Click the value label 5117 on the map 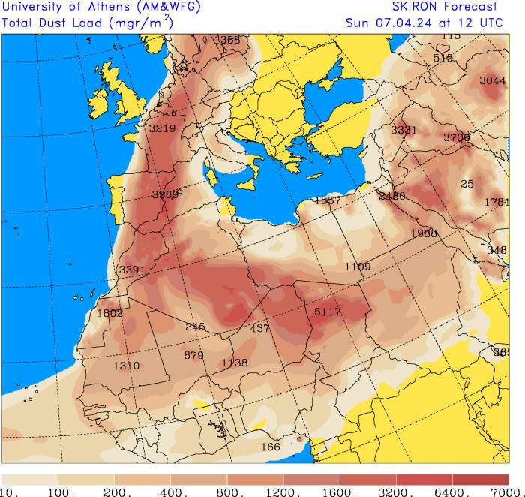pos(328,312)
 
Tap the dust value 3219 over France pos(162,128)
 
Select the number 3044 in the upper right pos(493,80)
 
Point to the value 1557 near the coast pos(328,200)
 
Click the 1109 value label pos(358,267)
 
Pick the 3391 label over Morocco pos(132,270)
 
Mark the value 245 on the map pos(195,327)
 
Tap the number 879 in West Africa pos(193,355)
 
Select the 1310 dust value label pos(127,366)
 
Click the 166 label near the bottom pos(270,447)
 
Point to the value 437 pos(259,329)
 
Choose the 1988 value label pos(424,233)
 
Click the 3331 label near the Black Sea pos(403,130)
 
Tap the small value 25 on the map pos(467,184)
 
